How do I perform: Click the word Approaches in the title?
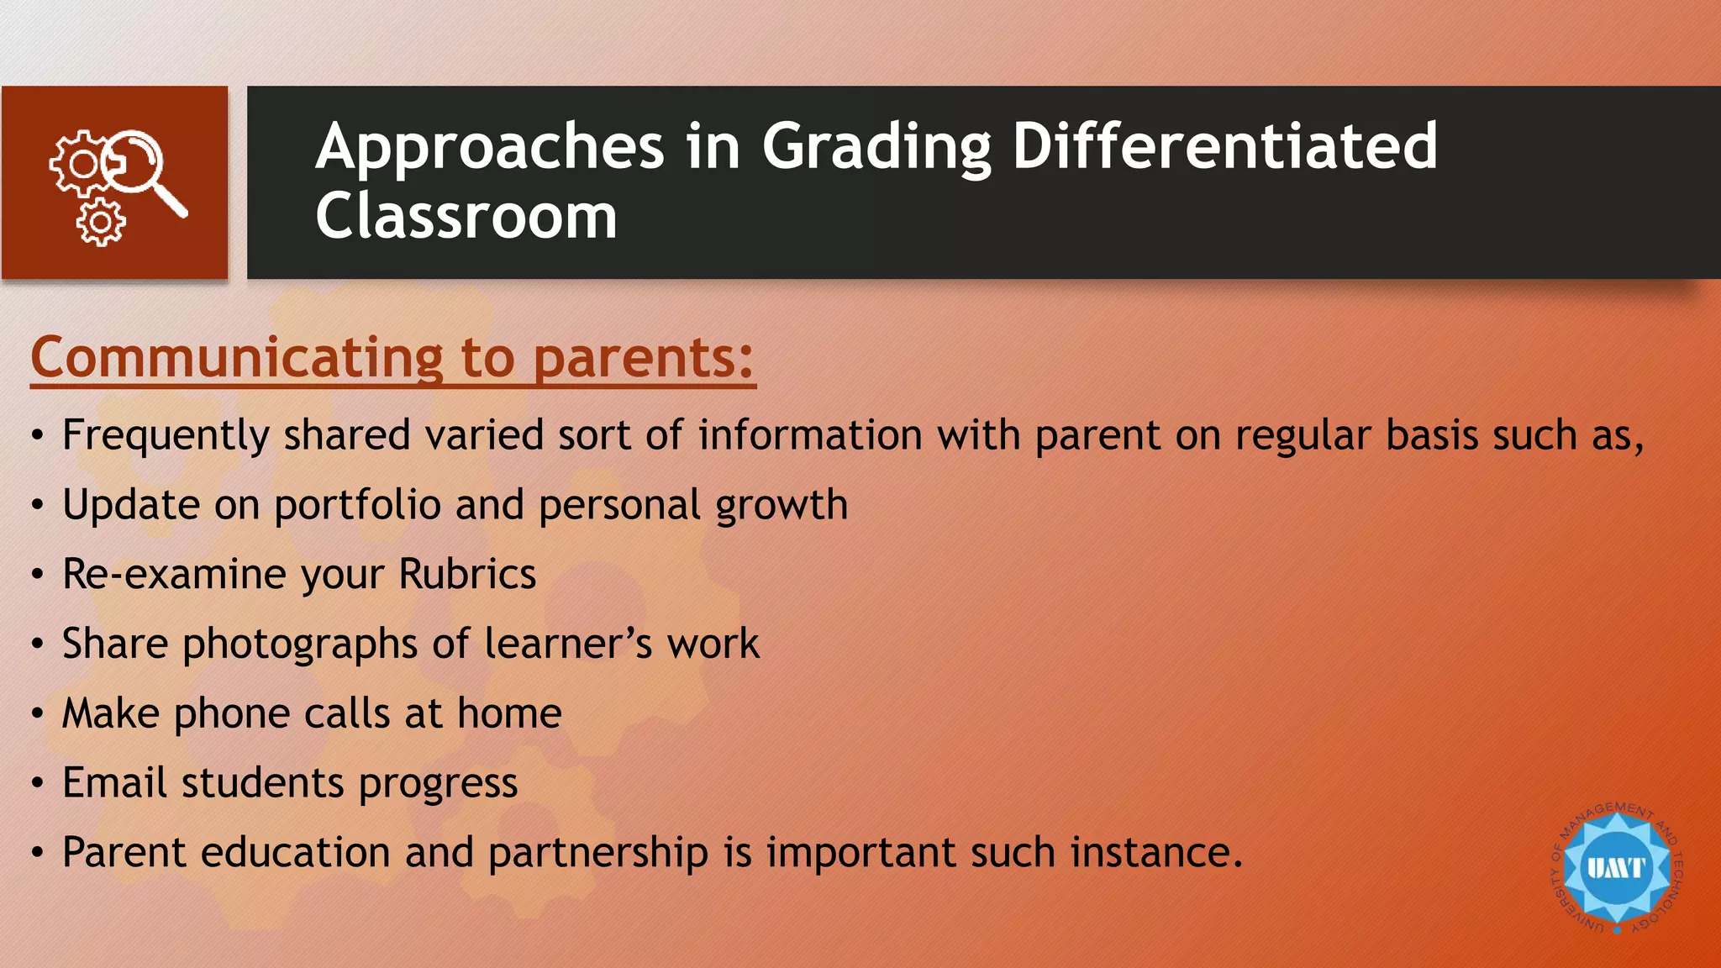pos(490,147)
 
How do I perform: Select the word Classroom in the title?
pos(466,216)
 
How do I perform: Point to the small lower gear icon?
pos(101,223)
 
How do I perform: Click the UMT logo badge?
pos(1616,868)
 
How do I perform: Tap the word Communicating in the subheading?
pos(237,357)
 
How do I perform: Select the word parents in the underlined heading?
pos(634,357)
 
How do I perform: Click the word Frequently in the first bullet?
pos(166,436)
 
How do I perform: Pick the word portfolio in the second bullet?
pos(357,506)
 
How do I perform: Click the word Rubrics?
pos(467,574)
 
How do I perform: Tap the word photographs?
pos(300,644)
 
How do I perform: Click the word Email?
pos(114,782)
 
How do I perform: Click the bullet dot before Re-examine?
pos(37,576)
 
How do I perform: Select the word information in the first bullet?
pos(810,435)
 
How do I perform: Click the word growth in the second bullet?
pos(782,506)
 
